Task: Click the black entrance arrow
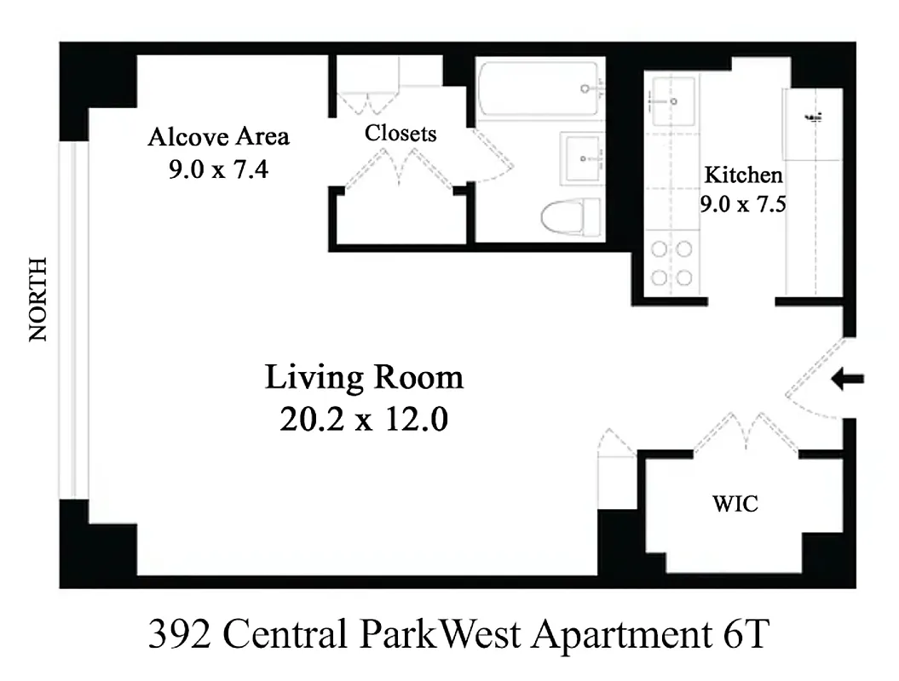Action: (x=848, y=380)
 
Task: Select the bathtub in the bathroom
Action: (x=540, y=89)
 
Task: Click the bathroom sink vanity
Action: (x=583, y=158)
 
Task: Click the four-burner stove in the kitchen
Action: (x=671, y=264)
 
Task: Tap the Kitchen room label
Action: (x=742, y=175)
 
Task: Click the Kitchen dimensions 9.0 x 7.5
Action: (x=742, y=204)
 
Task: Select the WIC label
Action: (x=735, y=504)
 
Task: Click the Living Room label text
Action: (x=365, y=377)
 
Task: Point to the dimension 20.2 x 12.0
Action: (x=364, y=419)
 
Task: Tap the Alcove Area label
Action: (x=218, y=136)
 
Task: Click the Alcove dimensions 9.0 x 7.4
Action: (x=218, y=169)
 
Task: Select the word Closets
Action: (x=401, y=134)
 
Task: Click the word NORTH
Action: (x=38, y=300)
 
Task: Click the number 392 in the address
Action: (x=181, y=634)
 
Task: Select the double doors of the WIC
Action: (x=746, y=433)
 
